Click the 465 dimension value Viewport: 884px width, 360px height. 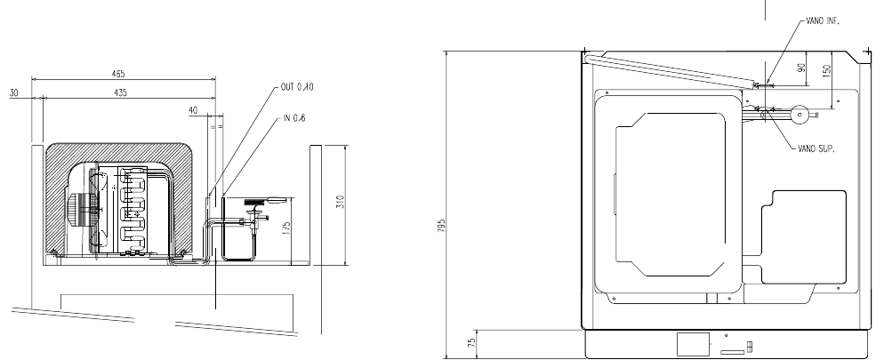[118, 74]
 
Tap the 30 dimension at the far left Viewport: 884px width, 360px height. [14, 93]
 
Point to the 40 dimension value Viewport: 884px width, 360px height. [193, 111]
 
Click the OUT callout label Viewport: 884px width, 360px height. [296, 87]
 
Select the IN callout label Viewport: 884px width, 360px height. [294, 117]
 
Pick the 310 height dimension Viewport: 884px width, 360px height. [340, 202]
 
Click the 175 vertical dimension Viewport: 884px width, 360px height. [286, 228]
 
